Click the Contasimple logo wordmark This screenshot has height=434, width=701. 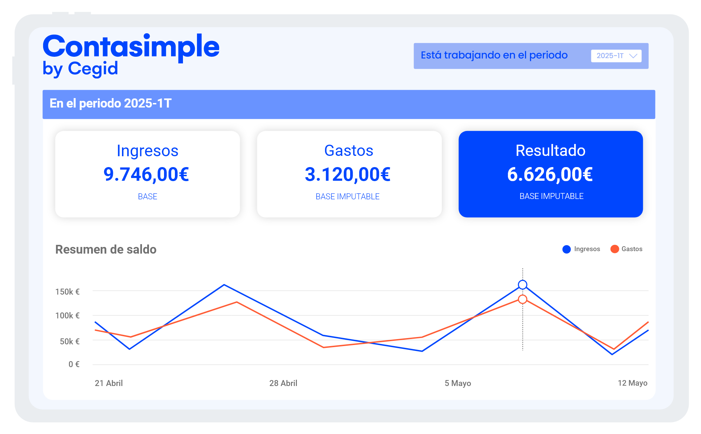131,47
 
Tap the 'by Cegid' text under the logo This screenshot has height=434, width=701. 80,69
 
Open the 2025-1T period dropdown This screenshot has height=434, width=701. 616,56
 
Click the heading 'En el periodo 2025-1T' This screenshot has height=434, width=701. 110,104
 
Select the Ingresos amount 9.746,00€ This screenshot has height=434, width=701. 147,174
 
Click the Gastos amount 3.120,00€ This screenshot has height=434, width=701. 348,174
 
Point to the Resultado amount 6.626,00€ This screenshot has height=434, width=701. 550,174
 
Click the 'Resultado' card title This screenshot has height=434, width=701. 550,151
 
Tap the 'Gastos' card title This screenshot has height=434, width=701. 349,151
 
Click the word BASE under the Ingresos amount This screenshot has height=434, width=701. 148,197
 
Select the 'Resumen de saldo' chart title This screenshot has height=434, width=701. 106,249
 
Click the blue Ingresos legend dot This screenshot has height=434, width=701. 566,249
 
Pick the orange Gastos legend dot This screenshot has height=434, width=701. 614,249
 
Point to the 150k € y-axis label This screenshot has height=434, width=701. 68,292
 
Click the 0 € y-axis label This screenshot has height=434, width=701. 74,364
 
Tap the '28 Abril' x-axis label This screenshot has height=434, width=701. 283,383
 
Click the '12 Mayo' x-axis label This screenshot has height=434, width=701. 632,383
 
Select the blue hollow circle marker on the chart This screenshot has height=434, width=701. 523,285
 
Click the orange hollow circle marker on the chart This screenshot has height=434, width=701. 523,299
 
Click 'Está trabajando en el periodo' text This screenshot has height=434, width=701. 494,55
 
